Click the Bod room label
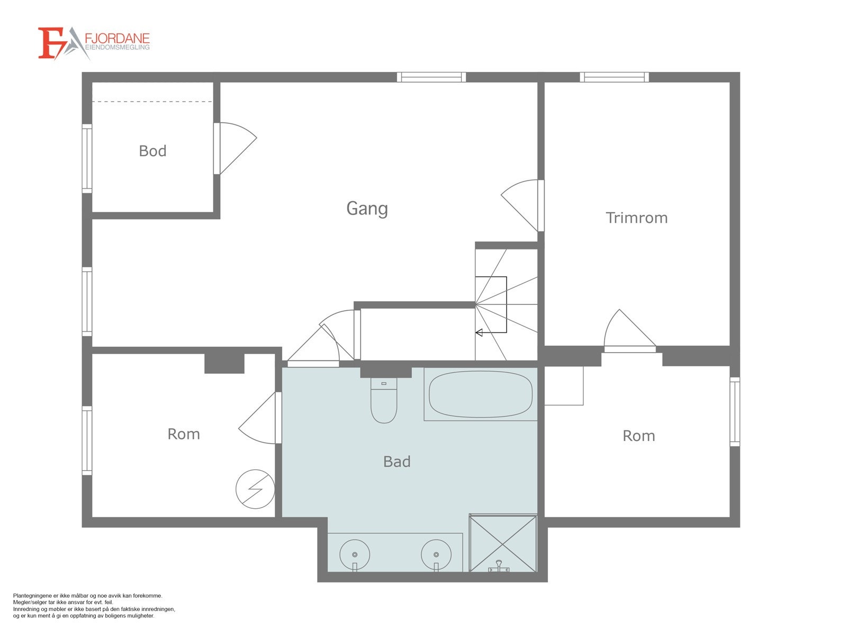tap(152, 151)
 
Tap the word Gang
tap(367, 209)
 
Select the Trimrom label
tap(637, 218)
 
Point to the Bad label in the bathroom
tap(397, 462)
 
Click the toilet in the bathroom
tap(384, 400)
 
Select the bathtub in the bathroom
tap(480, 394)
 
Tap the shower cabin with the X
tap(502, 544)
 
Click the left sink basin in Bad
tap(354, 554)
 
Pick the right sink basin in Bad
tap(436, 554)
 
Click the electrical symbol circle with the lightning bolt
tap(255, 489)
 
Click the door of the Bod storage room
tap(235, 148)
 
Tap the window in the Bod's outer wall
tap(87, 158)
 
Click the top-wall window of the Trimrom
tap(614, 77)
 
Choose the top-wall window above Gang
tap(431, 77)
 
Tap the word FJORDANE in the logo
tap(117, 39)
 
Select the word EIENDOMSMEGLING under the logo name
tap(117, 47)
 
